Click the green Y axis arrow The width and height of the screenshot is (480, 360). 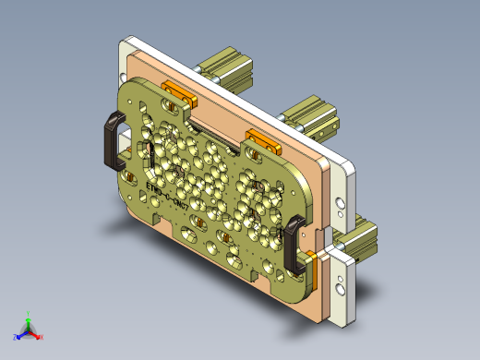tap(29, 318)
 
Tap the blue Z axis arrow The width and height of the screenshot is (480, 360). tap(20, 333)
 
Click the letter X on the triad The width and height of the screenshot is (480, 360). tap(42, 337)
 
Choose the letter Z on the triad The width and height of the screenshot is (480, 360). tap(15, 337)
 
